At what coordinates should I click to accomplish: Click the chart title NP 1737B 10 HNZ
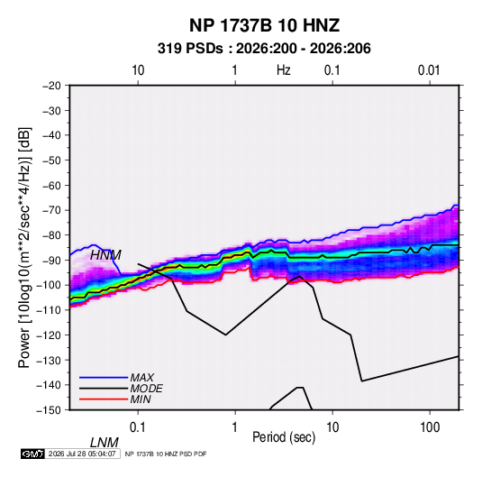point(264,25)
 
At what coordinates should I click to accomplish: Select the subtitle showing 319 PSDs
point(264,49)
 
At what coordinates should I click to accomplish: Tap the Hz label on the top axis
point(284,70)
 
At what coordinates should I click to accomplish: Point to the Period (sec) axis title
point(284,437)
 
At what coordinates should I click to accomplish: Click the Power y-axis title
point(24,248)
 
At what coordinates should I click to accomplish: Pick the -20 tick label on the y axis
point(51,86)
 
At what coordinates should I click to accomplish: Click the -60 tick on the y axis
point(51,185)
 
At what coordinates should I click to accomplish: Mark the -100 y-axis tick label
point(49,285)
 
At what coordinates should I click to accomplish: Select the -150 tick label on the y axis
point(49,410)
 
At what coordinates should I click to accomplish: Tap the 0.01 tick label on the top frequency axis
point(429,70)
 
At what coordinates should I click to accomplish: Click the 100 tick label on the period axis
point(430,427)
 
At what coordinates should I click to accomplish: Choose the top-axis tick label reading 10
point(138,70)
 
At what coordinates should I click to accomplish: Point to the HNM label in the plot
point(105,255)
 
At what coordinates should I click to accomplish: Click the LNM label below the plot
point(104,443)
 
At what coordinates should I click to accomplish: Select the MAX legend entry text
point(141,377)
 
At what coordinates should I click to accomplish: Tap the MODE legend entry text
point(146,389)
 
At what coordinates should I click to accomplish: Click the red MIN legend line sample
point(104,399)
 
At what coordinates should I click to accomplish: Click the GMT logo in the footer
point(32,454)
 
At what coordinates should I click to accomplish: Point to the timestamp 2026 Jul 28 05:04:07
point(82,454)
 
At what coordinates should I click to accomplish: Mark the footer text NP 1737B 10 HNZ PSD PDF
point(166,454)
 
